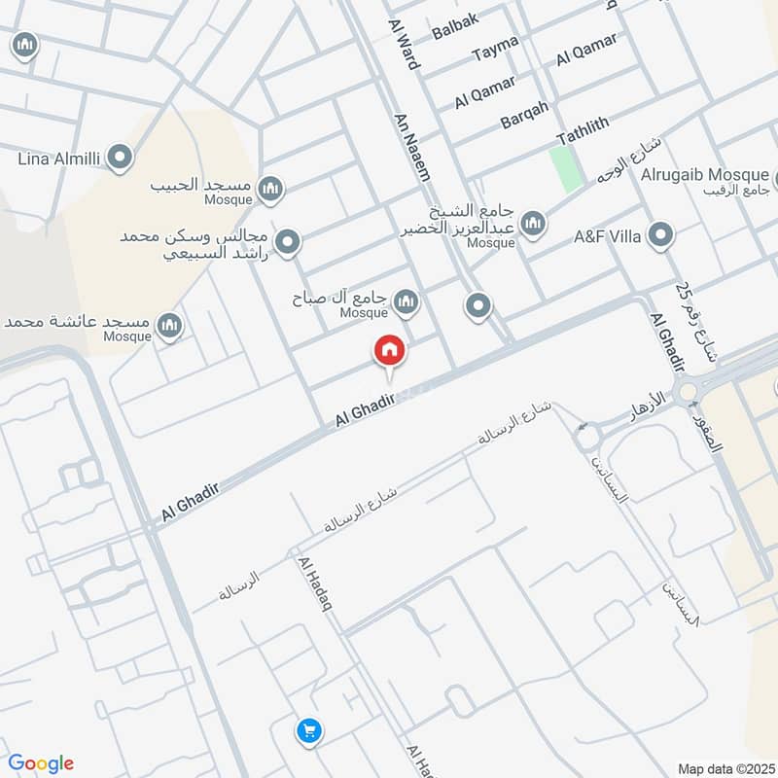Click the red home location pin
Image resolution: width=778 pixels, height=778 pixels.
pyautogui.click(x=389, y=350)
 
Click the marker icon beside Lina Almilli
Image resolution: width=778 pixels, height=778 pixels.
pyautogui.click(x=120, y=157)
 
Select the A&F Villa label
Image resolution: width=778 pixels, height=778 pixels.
pyautogui.click(x=607, y=235)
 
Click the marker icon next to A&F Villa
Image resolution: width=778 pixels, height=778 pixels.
pyautogui.click(x=661, y=235)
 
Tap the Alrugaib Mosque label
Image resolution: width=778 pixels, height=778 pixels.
pyautogui.click(x=704, y=175)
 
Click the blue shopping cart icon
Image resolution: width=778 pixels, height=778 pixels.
pyautogui.click(x=309, y=730)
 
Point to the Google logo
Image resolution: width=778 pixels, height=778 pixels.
pyautogui.click(x=41, y=762)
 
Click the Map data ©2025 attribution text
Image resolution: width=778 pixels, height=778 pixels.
pyautogui.click(x=725, y=768)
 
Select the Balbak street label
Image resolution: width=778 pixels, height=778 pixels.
pyautogui.click(x=455, y=29)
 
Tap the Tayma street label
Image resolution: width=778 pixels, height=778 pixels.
pyautogui.click(x=495, y=53)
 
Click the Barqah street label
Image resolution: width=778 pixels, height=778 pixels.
pyautogui.click(x=524, y=115)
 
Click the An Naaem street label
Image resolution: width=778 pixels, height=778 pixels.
pyautogui.click(x=411, y=146)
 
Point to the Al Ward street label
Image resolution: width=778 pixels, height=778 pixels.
pyautogui.click(x=403, y=43)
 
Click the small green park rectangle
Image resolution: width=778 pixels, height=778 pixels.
pyautogui.click(x=566, y=166)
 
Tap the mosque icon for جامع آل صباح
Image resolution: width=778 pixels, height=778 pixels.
pyautogui.click(x=407, y=301)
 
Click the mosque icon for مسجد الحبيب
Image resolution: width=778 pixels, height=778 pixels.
pyautogui.click(x=271, y=188)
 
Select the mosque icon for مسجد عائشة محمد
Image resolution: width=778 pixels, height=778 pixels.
pyautogui.click(x=170, y=326)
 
